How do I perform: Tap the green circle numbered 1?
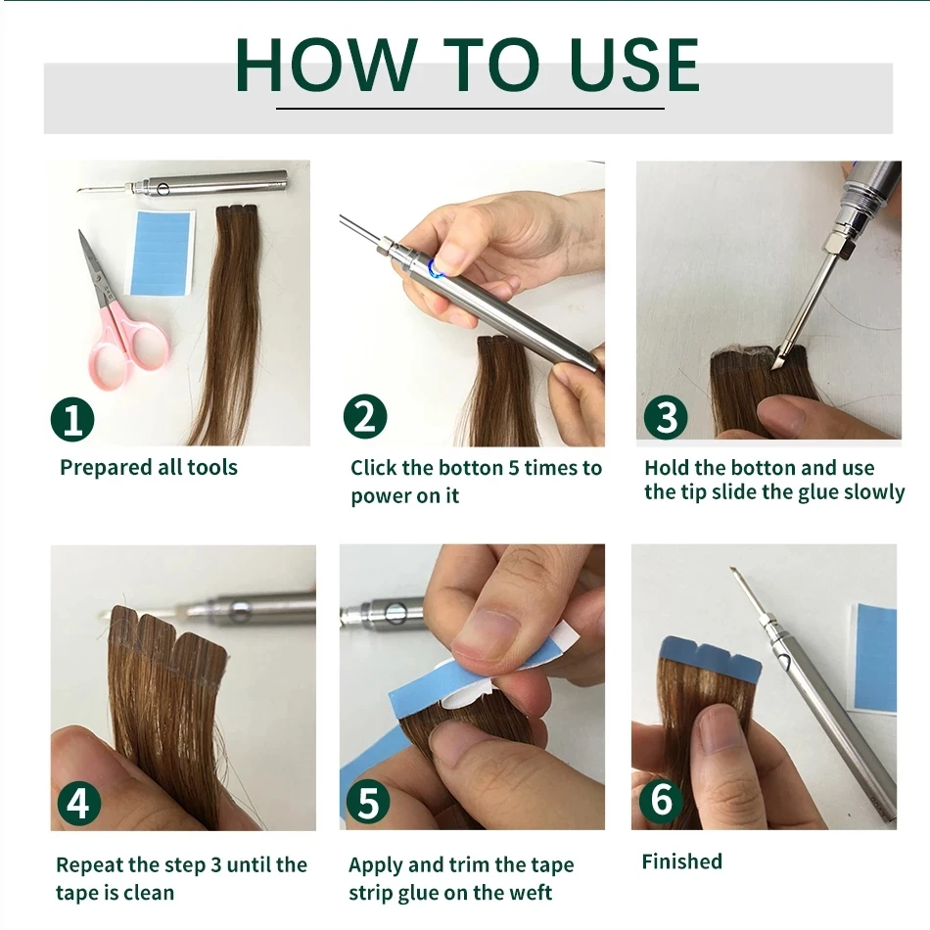point(72,420)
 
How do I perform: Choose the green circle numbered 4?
point(78,803)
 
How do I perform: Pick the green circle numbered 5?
point(368,803)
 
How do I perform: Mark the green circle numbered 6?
point(662,800)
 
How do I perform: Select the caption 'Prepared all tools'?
point(149,468)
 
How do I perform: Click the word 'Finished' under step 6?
point(681,861)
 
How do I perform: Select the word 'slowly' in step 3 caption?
point(870,491)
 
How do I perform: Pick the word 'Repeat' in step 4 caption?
point(89,865)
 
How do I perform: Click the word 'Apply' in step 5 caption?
point(375,866)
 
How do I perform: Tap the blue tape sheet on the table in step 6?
point(873,656)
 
